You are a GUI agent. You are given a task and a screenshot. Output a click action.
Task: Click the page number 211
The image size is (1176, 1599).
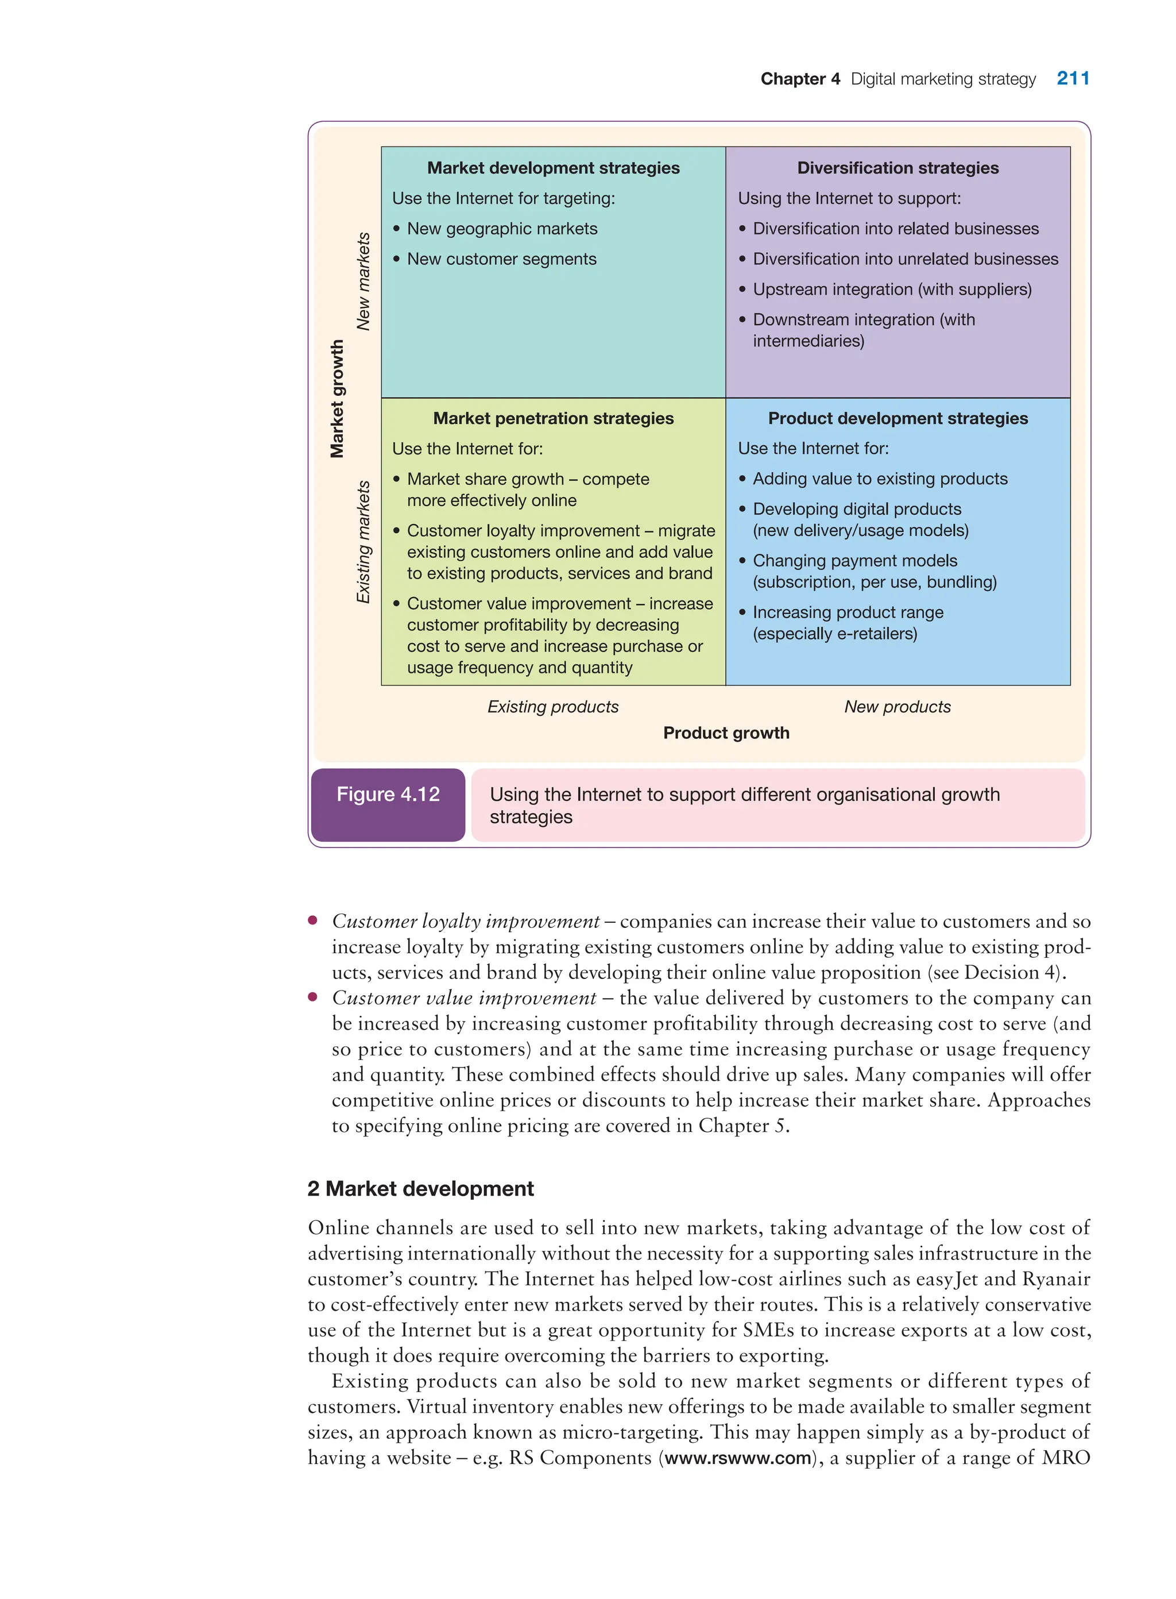click(x=1072, y=78)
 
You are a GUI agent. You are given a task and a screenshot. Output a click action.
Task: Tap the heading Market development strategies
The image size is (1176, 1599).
click(x=553, y=168)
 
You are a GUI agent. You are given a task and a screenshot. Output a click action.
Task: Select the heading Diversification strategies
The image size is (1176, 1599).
click(x=897, y=168)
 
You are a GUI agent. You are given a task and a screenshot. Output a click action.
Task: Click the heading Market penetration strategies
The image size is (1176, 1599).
click(x=553, y=418)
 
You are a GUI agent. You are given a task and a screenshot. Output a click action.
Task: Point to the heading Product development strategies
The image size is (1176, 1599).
click(x=897, y=418)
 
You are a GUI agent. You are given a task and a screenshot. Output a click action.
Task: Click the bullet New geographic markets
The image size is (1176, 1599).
click(x=502, y=229)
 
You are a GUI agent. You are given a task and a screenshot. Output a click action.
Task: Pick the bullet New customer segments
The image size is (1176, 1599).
click(x=501, y=259)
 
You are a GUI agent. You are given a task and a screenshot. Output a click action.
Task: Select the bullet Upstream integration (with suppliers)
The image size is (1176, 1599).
click(x=891, y=289)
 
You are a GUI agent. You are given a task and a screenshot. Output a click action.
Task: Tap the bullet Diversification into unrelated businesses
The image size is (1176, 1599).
click(x=905, y=259)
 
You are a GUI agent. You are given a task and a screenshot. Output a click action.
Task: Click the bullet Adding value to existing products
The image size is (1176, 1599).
click(x=880, y=479)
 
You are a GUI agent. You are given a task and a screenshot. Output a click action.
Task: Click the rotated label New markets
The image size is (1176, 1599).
click(x=363, y=282)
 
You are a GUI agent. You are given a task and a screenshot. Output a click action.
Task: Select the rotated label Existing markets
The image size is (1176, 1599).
click(x=363, y=542)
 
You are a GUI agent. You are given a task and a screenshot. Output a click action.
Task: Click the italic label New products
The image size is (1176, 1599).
click(x=897, y=707)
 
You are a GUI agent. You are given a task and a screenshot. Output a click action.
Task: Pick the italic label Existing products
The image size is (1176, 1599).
click(x=552, y=707)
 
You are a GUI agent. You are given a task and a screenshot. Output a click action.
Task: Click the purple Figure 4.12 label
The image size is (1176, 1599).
click(x=388, y=795)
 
